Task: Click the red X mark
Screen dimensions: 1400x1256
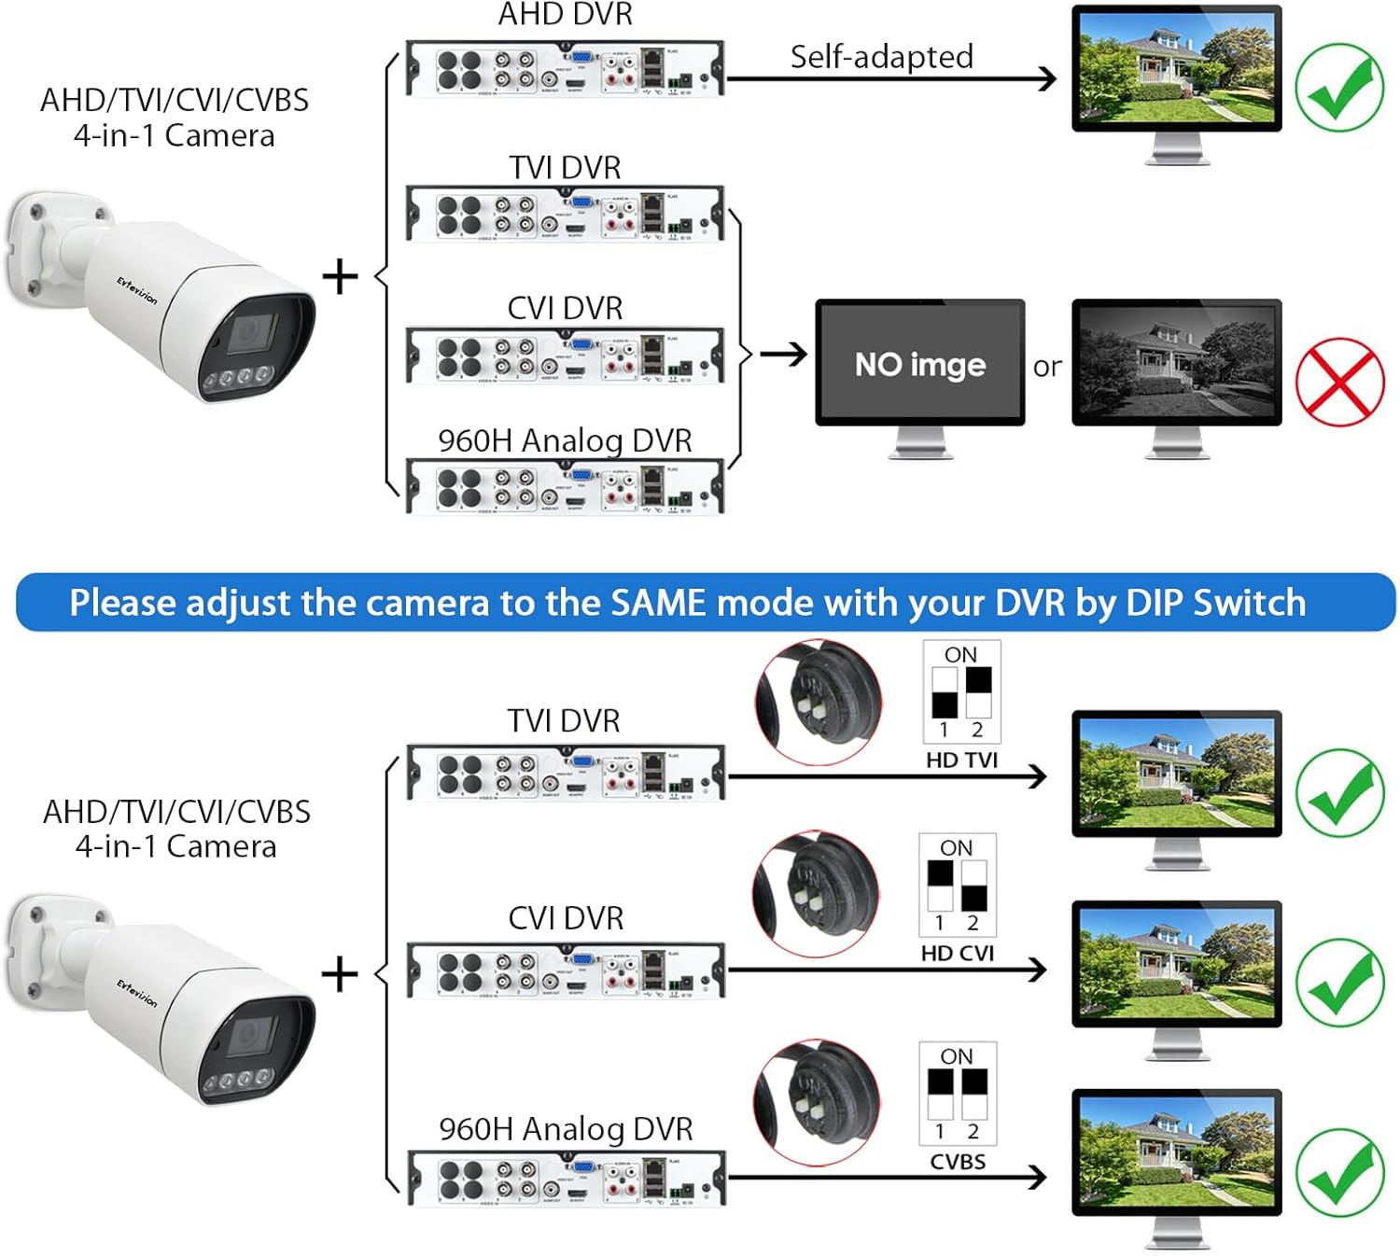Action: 1339,381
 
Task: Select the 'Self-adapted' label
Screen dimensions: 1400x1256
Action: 881,57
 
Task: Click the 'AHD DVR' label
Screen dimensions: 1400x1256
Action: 566,14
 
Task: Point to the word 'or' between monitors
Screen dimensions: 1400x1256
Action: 1047,367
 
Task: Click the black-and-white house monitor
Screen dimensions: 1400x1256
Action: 1176,362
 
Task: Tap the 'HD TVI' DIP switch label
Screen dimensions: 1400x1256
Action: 961,760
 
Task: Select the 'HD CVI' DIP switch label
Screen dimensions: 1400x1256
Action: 958,953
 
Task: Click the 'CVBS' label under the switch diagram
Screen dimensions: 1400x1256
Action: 958,1162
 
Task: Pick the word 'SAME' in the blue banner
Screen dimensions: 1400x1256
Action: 659,603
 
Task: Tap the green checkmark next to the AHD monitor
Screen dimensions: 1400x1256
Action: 1339,88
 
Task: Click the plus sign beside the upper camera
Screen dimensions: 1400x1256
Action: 340,277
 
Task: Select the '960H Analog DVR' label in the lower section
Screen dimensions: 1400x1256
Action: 566,1129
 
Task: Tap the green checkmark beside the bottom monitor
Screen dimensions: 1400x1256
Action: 1339,1172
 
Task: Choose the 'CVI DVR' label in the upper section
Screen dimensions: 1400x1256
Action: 565,308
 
